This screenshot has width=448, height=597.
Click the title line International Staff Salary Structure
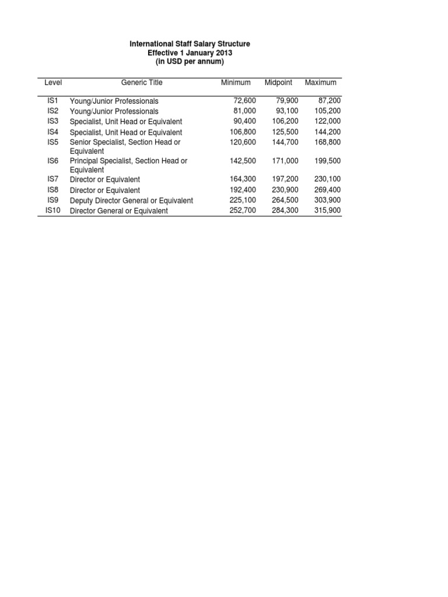(190, 44)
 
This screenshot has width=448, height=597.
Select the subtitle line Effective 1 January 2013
(190, 53)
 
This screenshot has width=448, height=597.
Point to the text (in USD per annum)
(190, 62)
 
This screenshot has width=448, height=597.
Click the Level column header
(53, 83)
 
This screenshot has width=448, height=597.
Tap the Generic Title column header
(142, 83)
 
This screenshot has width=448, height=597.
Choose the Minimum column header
(236, 83)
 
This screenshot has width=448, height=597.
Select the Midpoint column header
(279, 83)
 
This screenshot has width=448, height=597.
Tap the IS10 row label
(53, 210)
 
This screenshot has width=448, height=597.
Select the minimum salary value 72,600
(244, 101)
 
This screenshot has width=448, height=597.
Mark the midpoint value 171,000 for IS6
(285, 160)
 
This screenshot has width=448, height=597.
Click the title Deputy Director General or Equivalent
(131, 201)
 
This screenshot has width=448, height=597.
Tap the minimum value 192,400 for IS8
(243, 190)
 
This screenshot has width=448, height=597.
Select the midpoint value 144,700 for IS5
(285, 142)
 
